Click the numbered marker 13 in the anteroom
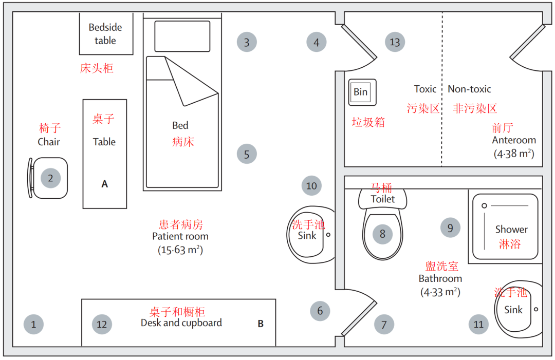pos(395,42)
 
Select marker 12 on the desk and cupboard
pos(102,324)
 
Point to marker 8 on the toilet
pos(382,234)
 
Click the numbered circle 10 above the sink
pos(311,185)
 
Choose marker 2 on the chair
pos(50,178)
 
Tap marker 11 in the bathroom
pos(478,324)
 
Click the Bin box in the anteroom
pos(362,92)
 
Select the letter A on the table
pos(104,184)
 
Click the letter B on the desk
pos(261,324)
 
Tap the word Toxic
pos(425,89)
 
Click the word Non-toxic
pos(469,89)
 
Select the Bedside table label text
pos(105,34)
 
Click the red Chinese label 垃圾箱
pos(368,122)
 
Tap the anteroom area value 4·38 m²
pos(513,153)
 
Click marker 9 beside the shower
pos(450,228)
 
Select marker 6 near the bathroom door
pos(320,311)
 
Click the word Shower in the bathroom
pos(511,230)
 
